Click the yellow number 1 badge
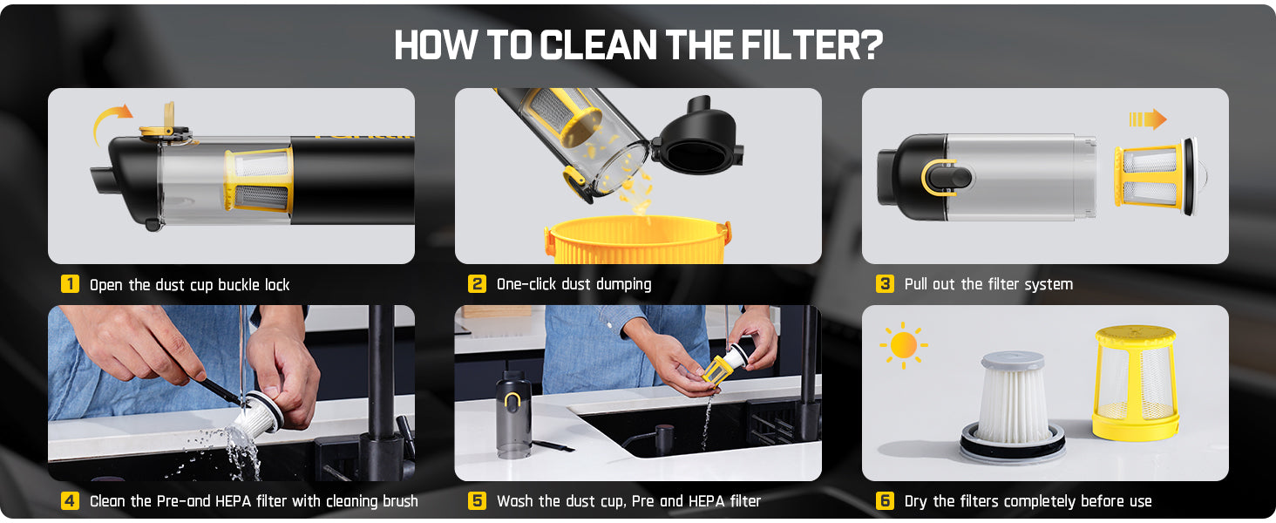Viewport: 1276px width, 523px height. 70,283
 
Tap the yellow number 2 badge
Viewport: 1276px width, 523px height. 477,283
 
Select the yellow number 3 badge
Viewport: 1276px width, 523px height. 885,283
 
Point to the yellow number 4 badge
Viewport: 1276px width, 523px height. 70,501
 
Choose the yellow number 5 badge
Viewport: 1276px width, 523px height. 477,501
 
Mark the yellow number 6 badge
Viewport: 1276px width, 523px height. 885,501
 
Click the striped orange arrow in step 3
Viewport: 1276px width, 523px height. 1148,119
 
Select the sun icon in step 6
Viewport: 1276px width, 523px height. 904,345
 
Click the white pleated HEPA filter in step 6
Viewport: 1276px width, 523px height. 1012,405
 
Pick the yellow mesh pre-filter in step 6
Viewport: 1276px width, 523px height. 1136,383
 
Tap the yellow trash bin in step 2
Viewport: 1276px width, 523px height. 637,241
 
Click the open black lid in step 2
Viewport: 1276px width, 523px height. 698,137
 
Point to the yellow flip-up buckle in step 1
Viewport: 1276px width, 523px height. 164,123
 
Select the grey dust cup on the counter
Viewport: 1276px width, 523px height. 513,414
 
